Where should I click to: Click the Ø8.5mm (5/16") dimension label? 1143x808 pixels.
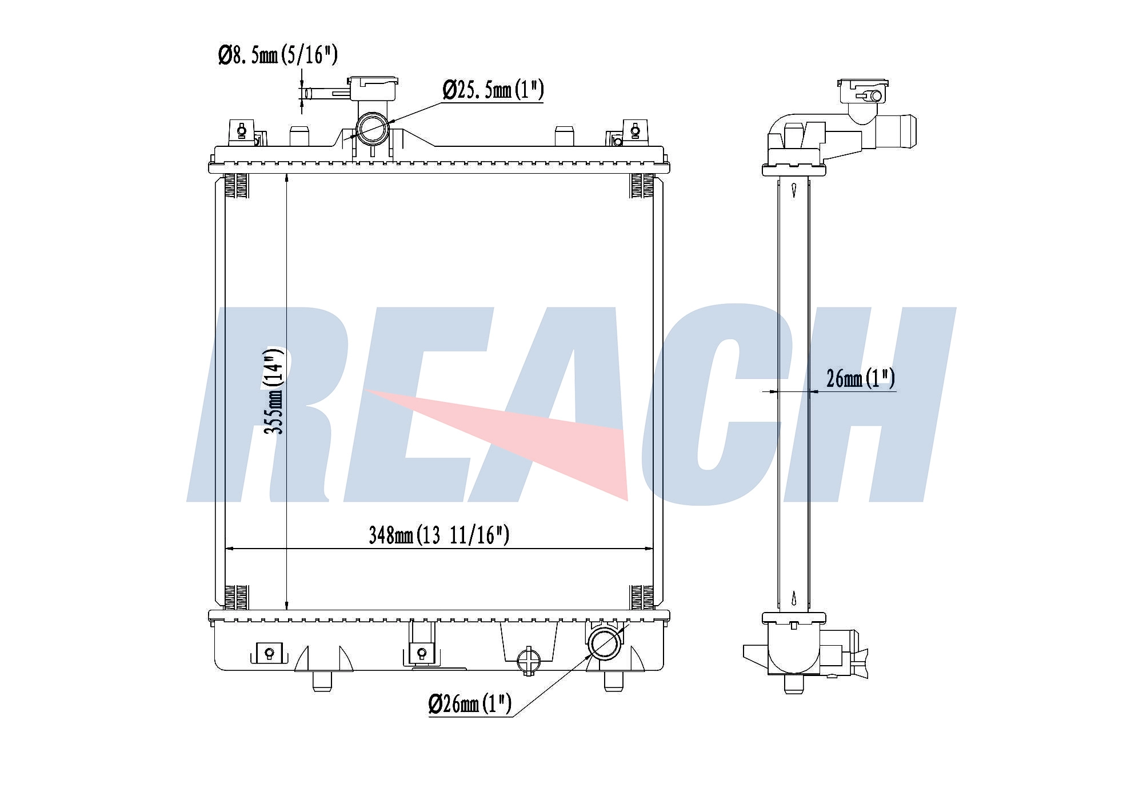point(278,55)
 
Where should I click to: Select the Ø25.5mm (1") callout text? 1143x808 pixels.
point(493,90)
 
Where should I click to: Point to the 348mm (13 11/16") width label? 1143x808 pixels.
point(438,535)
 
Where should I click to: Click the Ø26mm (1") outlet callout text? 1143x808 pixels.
point(470,703)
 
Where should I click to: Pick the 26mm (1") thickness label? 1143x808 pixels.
point(861,378)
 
